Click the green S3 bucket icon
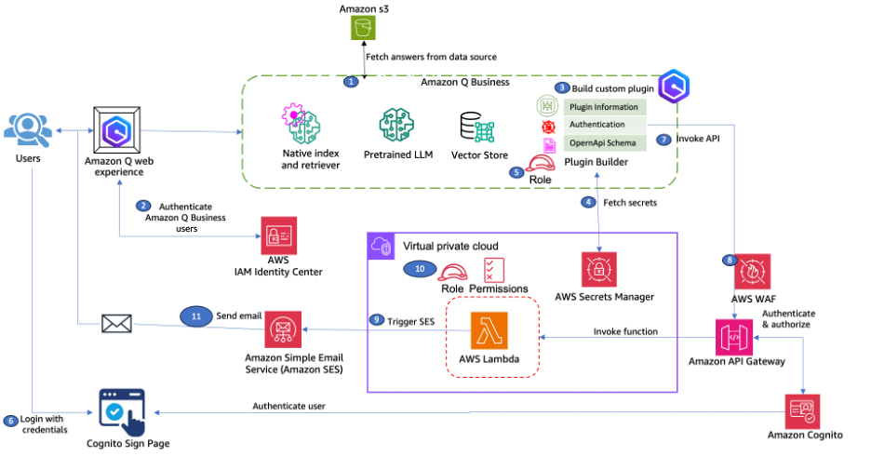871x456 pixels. point(363,27)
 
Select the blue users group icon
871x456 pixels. point(27,130)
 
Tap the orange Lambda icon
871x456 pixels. point(489,330)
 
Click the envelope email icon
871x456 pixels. point(116,324)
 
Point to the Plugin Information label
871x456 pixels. point(604,107)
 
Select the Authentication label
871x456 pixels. point(597,125)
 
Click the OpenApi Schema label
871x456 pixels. point(602,142)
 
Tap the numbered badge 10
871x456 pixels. point(420,269)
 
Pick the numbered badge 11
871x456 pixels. point(196,316)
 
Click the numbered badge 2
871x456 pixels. point(143,206)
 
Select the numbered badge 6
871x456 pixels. point(11,421)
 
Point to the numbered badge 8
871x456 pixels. point(730,260)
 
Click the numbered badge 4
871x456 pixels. point(587,202)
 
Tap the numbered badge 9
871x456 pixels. point(376,319)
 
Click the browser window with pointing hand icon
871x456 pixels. point(123,411)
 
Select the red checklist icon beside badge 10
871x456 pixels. point(494,270)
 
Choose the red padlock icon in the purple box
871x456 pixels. point(598,269)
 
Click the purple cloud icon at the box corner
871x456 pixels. point(382,246)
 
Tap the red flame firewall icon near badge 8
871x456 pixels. point(753,272)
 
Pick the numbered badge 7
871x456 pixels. point(663,140)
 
